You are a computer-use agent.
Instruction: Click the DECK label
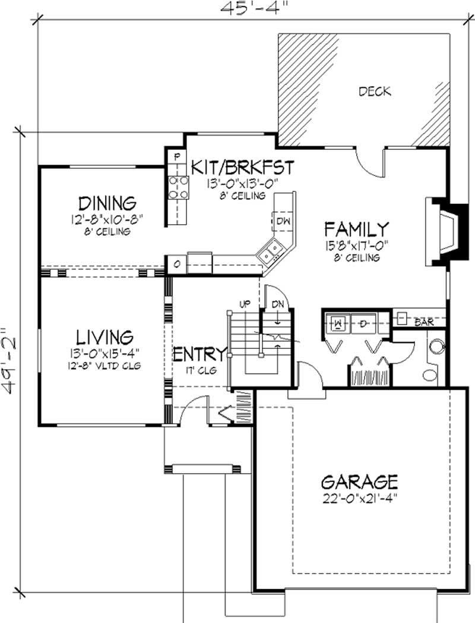coord(375,92)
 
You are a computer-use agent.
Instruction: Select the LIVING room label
coord(104,338)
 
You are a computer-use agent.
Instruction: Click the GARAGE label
coord(359,480)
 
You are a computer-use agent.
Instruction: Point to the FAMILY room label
coord(356,229)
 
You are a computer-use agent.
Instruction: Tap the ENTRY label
coord(200,354)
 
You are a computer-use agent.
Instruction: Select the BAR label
coord(423,322)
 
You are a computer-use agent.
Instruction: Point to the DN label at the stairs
coord(277,304)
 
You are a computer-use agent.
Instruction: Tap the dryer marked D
coord(363,323)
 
